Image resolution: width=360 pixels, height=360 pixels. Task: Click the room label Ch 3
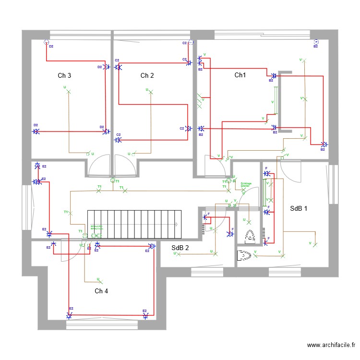(x=64, y=75)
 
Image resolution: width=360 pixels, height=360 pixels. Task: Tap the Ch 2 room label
(x=147, y=75)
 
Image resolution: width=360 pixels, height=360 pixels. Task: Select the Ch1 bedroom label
(x=240, y=75)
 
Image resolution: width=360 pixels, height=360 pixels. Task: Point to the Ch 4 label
(x=101, y=291)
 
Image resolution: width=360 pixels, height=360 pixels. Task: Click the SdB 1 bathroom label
(x=299, y=208)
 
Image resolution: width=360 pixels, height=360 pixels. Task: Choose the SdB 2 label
(x=180, y=248)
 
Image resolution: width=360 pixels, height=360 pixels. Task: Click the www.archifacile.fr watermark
(x=331, y=345)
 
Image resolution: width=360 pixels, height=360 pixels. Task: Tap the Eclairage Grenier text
(x=246, y=185)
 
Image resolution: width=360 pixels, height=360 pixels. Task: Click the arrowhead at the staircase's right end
(x=177, y=224)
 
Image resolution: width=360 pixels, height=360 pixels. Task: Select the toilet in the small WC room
(x=250, y=237)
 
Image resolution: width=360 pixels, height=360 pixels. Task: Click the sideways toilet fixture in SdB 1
(x=245, y=255)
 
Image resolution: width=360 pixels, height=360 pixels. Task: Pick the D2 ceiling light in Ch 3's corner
(x=47, y=42)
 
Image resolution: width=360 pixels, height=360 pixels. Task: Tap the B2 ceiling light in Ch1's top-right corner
(x=316, y=42)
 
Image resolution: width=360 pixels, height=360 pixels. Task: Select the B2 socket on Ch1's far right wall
(x=324, y=144)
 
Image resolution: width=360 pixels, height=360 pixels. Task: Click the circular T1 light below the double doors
(x=113, y=180)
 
